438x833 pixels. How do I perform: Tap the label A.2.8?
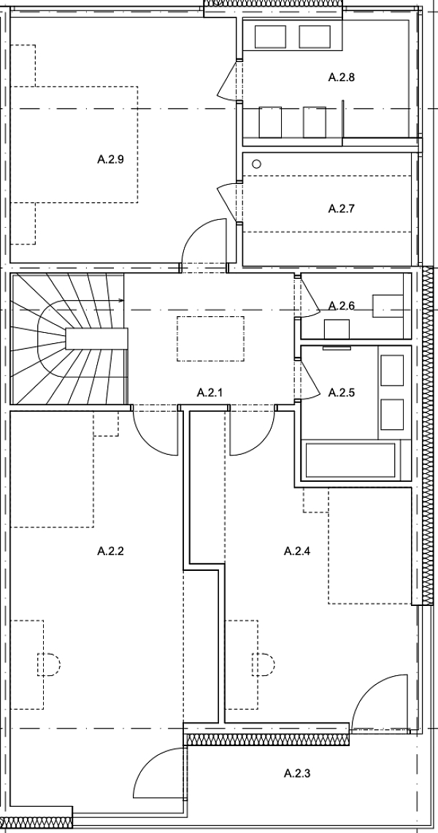[x=341, y=77]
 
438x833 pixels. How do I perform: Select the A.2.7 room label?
[x=341, y=209]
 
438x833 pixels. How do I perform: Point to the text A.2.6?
[x=341, y=305]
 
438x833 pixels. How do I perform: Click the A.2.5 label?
[x=341, y=393]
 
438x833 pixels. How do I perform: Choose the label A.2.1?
[x=210, y=393]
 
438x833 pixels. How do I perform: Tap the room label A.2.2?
[x=111, y=551]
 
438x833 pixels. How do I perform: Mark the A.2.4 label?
[x=297, y=551]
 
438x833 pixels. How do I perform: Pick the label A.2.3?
[x=297, y=772]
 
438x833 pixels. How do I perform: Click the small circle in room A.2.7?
[x=256, y=164]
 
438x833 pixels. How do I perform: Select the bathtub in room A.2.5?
[x=351, y=460]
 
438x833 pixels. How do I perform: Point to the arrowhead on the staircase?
[x=120, y=300]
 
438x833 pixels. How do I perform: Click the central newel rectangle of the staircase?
[x=96, y=339]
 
